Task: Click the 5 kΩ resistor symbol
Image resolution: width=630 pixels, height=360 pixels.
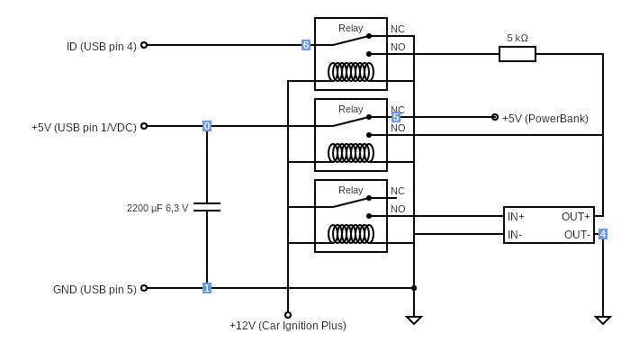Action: (x=517, y=54)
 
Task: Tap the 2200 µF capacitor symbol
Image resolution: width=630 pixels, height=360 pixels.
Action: (x=207, y=207)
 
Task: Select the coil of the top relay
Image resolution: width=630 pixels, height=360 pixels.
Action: (x=351, y=72)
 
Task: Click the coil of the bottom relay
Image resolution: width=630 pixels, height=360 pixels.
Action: (x=351, y=234)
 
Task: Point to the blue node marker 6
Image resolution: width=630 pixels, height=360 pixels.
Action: (x=306, y=45)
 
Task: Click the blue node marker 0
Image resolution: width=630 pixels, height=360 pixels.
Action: (x=207, y=126)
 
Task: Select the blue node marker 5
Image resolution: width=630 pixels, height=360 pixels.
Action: (x=396, y=117)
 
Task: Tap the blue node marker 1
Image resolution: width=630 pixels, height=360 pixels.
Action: (x=207, y=288)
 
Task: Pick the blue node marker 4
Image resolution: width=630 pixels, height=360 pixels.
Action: (x=603, y=234)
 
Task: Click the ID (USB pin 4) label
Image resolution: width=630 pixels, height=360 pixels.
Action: (x=102, y=47)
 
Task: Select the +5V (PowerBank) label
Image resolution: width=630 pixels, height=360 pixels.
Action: (x=544, y=119)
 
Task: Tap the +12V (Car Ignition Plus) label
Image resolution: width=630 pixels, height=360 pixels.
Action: (x=288, y=326)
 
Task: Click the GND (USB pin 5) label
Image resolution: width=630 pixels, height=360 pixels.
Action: (x=94, y=290)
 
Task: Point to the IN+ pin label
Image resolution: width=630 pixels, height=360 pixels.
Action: (x=516, y=217)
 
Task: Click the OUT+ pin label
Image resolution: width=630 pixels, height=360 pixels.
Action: (x=576, y=217)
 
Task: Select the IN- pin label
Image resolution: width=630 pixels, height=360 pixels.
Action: (x=515, y=235)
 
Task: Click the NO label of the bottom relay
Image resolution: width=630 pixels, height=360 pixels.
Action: (x=398, y=209)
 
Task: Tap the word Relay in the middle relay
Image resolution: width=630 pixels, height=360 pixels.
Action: (x=351, y=109)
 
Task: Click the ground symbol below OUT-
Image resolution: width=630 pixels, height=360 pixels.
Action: (x=603, y=319)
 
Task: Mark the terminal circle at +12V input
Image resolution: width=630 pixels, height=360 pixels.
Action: (x=288, y=315)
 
